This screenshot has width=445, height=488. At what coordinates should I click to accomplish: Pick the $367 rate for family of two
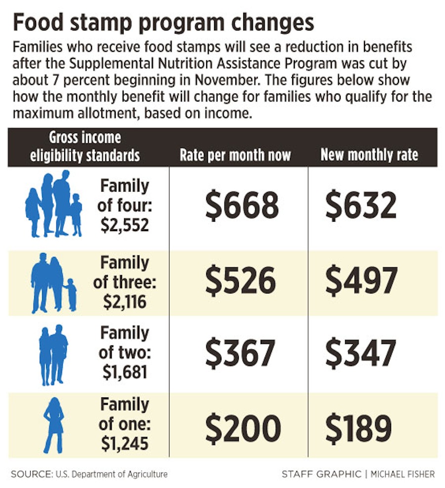point(240,353)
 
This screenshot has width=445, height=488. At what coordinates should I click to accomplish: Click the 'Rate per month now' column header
point(235,155)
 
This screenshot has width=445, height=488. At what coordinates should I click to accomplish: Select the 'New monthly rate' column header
point(369,155)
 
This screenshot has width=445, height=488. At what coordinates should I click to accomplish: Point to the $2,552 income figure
point(125,225)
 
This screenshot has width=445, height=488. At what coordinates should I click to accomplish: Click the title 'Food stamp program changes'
point(163,23)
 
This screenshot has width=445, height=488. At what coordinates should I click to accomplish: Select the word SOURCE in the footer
point(30,474)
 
